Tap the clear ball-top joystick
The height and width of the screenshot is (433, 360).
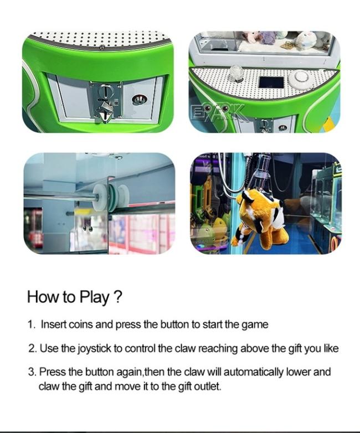(x=236, y=73)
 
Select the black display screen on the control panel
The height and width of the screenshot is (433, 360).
(x=271, y=82)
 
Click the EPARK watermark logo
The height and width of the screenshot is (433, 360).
(x=219, y=113)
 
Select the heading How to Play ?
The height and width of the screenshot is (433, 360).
(x=74, y=297)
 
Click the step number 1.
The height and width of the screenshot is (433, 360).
(x=31, y=324)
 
